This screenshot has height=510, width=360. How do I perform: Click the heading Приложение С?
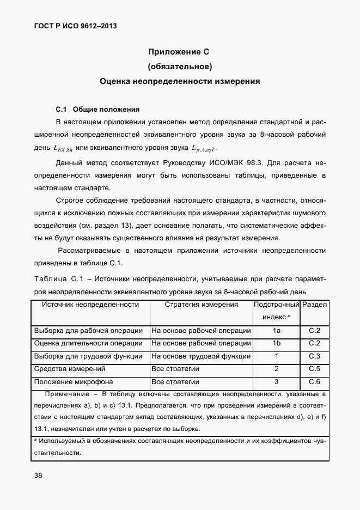point(179,52)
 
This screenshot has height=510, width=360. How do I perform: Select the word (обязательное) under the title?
point(179,67)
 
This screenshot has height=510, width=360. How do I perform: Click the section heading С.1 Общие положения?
point(97,108)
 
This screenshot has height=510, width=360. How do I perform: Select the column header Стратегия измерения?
point(201,305)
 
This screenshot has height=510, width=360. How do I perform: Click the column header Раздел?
point(314,305)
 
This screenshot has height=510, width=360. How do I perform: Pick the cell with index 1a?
point(276,331)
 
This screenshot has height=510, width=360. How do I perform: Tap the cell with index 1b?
point(276,343)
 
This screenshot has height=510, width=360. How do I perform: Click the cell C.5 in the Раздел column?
point(314,369)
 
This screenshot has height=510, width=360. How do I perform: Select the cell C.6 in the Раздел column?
point(314,382)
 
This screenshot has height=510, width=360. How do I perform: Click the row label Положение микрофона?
point(70,382)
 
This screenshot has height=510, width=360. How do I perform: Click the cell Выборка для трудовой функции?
point(88,356)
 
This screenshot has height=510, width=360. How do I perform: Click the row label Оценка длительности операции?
point(88,343)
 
